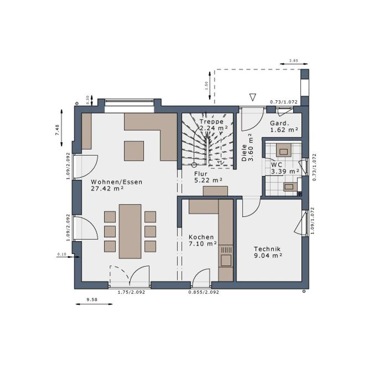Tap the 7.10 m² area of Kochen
[x=203, y=244]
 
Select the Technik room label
[x=267, y=249]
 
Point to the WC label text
[x=276, y=165]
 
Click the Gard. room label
[x=279, y=123]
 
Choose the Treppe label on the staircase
[x=211, y=122]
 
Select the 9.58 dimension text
[x=92, y=299]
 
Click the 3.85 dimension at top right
[x=293, y=60]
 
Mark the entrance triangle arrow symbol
[x=253, y=98]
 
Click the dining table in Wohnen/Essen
[x=130, y=231]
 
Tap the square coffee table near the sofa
[x=134, y=151]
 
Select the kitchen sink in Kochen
[x=226, y=260]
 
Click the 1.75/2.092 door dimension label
[x=132, y=292]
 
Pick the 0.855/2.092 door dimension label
[x=204, y=292]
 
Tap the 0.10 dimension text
[x=62, y=254]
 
